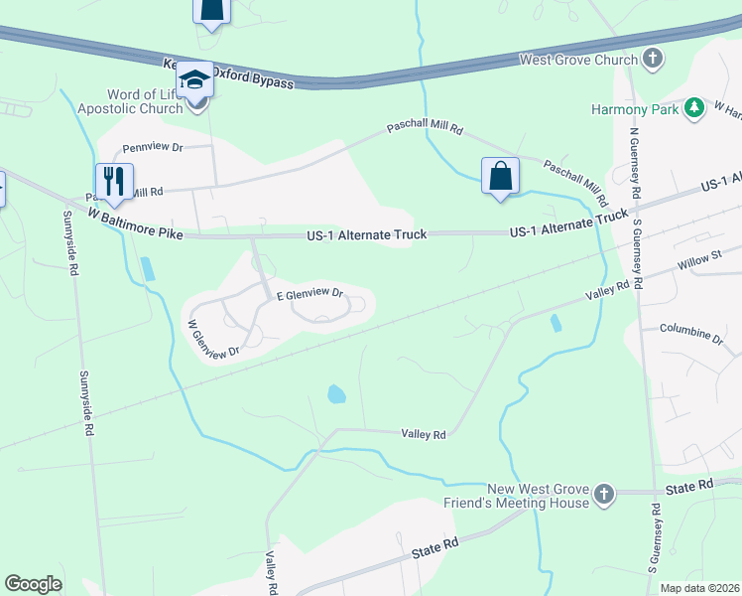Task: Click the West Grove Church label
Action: (579, 61)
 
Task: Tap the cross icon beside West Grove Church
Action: (653, 59)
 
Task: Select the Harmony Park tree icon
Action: (696, 108)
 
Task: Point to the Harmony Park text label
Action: (635, 109)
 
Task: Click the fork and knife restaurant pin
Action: (114, 182)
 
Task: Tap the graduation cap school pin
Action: (195, 78)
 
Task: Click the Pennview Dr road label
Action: (153, 148)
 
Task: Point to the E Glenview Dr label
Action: (309, 295)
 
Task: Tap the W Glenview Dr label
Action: (214, 339)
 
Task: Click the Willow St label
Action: (699, 258)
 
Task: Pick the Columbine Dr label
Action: (690, 333)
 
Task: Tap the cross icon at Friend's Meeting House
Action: (604, 494)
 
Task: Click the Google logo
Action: (33, 584)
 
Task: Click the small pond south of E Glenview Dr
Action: (336, 394)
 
